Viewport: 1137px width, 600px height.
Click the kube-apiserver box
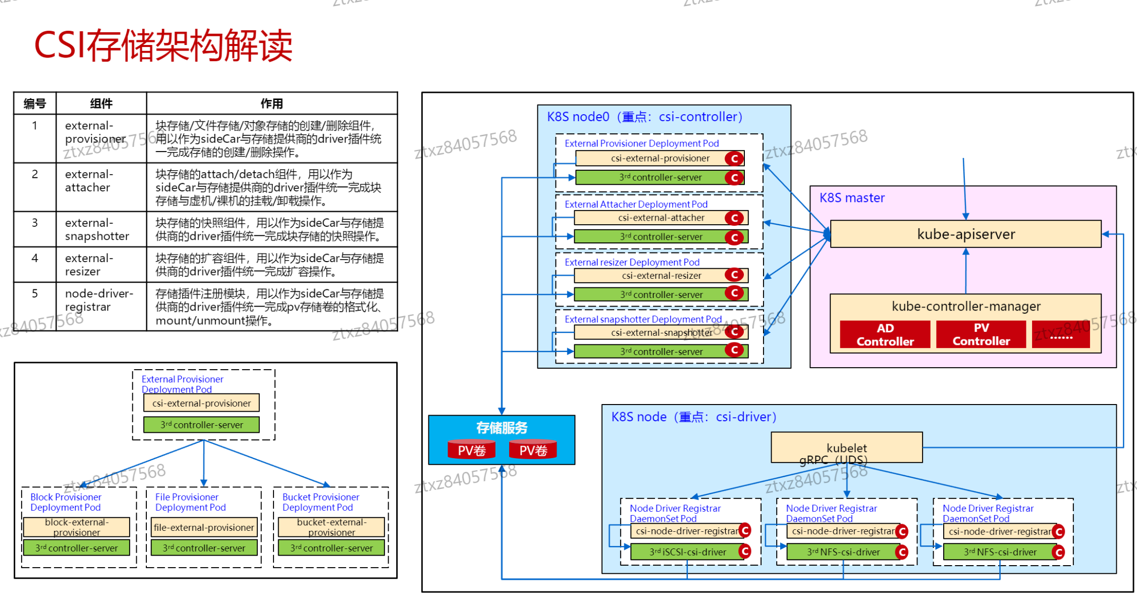(965, 234)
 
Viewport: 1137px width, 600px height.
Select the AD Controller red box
(885, 335)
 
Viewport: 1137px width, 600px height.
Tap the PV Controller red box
(981, 335)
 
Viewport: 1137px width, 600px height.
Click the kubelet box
(846, 446)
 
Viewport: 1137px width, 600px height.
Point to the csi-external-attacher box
(661, 218)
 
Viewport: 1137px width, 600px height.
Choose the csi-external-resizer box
(661, 276)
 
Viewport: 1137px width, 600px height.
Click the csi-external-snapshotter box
(661, 332)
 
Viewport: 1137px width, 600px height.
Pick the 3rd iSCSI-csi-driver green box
(687, 552)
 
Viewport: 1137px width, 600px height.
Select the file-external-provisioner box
(203, 527)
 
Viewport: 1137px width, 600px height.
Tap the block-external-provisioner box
(76, 527)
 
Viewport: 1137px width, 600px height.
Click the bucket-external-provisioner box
(331, 527)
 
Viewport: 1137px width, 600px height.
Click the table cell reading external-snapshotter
(97, 229)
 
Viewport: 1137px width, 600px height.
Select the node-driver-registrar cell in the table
(99, 300)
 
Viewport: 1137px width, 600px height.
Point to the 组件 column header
(101, 104)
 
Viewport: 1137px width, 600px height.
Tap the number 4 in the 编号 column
(34, 258)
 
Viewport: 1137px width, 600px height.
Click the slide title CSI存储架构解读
(163, 45)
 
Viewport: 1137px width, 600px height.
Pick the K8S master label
(852, 198)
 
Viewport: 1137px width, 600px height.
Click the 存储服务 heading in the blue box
(501, 428)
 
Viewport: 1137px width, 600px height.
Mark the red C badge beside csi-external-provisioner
(734, 159)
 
